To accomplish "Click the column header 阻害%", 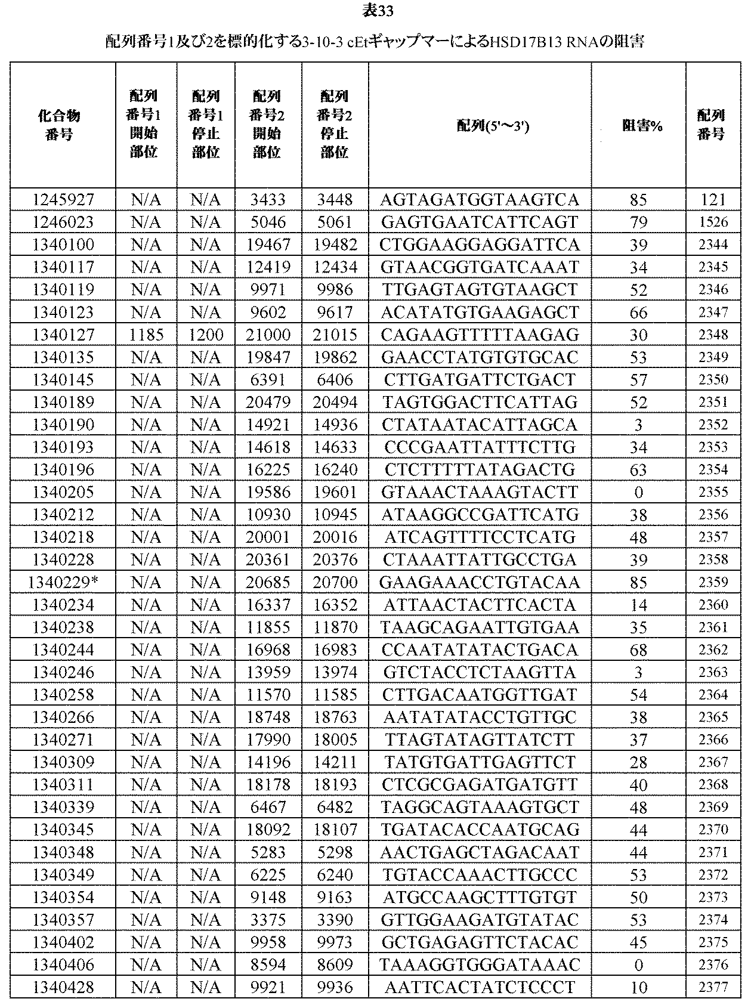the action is pyautogui.click(x=638, y=125).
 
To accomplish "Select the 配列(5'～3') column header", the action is pyautogui.click(x=480, y=125).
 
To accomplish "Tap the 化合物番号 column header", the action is pyautogui.click(x=63, y=125).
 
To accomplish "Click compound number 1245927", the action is pyautogui.click(x=63, y=200).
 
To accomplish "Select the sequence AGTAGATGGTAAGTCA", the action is pyautogui.click(x=480, y=200).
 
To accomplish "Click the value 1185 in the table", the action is pyautogui.click(x=146, y=335).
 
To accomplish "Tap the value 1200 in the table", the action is pyautogui.click(x=206, y=335).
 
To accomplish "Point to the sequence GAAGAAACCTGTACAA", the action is pyautogui.click(x=480, y=582).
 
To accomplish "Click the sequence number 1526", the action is pyautogui.click(x=713, y=222).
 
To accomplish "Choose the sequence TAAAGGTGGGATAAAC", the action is pyautogui.click(x=480, y=964).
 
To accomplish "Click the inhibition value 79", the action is pyautogui.click(x=638, y=222).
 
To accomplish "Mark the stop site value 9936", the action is pyautogui.click(x=335, y=987).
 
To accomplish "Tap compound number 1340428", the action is pyautogui.click(x=63, y=987).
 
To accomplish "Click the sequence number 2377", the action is pyautogui.click(x=713, y=987).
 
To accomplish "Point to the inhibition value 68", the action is pyautogui.click(x=638, y=650).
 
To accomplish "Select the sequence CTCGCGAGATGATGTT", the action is pyautogui.click(x=480, y=784).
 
